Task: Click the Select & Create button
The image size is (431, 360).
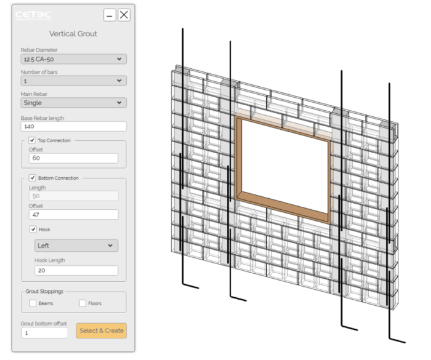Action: (x=102, y=330)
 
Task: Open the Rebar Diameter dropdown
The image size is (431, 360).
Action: (x=73, y=60)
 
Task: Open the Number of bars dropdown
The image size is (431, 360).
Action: (x=73, y=81)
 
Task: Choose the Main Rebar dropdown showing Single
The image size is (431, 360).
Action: (x=73, y=103)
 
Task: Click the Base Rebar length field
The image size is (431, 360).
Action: (x=73, y=126)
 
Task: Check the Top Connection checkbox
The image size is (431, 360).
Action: (x=33, y=140)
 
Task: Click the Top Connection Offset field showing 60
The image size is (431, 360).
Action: (x=73, y=158)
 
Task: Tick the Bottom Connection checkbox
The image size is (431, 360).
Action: (x=33, y=178)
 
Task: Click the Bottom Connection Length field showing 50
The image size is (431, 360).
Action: (x=73, y=196)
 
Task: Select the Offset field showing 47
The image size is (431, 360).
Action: (x=73, y=215)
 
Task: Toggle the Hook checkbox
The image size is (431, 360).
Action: (x=33, y=229)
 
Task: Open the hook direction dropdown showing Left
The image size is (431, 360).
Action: (x=76, y=246)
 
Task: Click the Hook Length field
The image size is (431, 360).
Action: (x=76, y=270)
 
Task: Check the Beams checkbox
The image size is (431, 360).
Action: (x=33, y=303)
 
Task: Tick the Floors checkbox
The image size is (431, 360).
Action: (x=83, y=303)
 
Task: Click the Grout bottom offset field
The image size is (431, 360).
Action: (x=44, y=332)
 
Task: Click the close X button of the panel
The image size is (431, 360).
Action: (x=124, y=15)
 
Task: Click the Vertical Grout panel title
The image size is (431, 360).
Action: (x=73, y=34)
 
